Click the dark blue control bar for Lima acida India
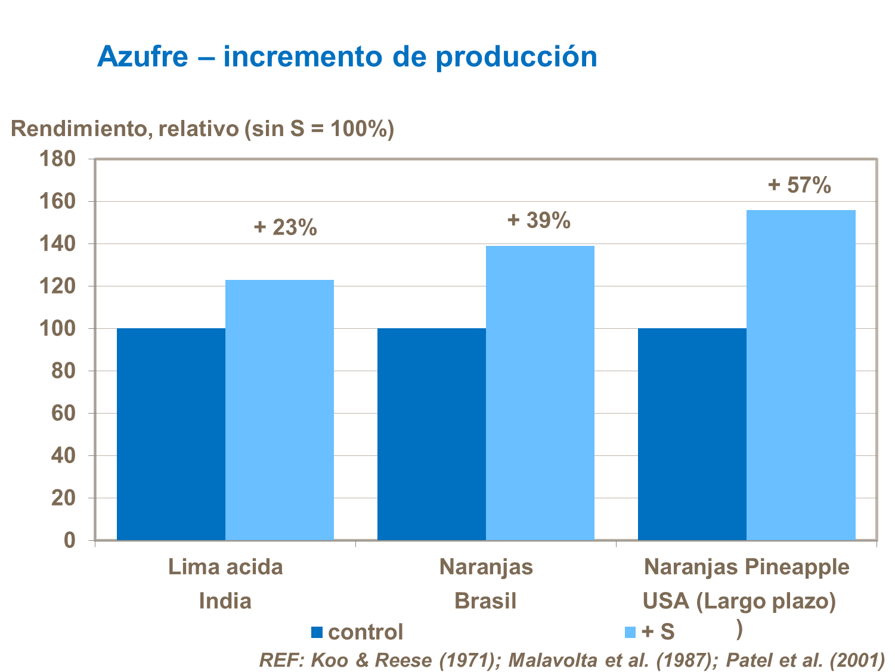coord(171,434)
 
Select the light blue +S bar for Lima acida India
coord(279,410)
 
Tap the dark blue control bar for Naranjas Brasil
coord(431,434)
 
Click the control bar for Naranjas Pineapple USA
coord(692,434)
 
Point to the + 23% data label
coord(286,227)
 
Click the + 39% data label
coord(539,221)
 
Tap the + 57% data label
coord(800,185)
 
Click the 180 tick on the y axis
coord(57,159)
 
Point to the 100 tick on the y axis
coord(57,329)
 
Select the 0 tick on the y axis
coord(70,540)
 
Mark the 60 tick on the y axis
coord(63,413)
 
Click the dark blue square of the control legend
coord(317,632)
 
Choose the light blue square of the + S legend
coord(630,632)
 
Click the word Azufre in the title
coord(143,57)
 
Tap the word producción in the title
coord(516,57)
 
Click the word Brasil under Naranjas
coord(485,600)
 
